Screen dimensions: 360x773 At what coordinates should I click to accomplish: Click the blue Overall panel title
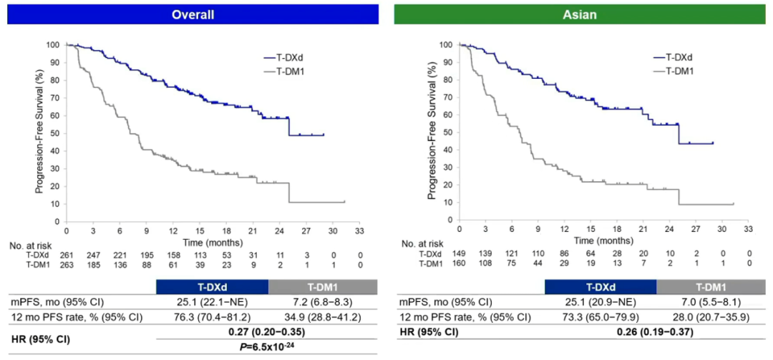[x=189, y=14]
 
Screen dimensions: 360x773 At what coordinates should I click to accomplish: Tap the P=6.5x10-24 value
[x=268, y=346]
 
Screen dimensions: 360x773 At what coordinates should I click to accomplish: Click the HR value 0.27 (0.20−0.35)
[x=268, y=332]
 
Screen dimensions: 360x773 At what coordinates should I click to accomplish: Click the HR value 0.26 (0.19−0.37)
[x=657, y=332]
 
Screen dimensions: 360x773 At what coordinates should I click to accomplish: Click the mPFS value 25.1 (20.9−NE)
[x=601, y=301]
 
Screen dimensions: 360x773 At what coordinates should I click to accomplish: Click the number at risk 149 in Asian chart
[x=459, y=253]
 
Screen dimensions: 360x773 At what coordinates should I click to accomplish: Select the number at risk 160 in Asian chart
[x=459, y=263]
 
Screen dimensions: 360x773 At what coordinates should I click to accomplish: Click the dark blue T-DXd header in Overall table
[x=212, y=286]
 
